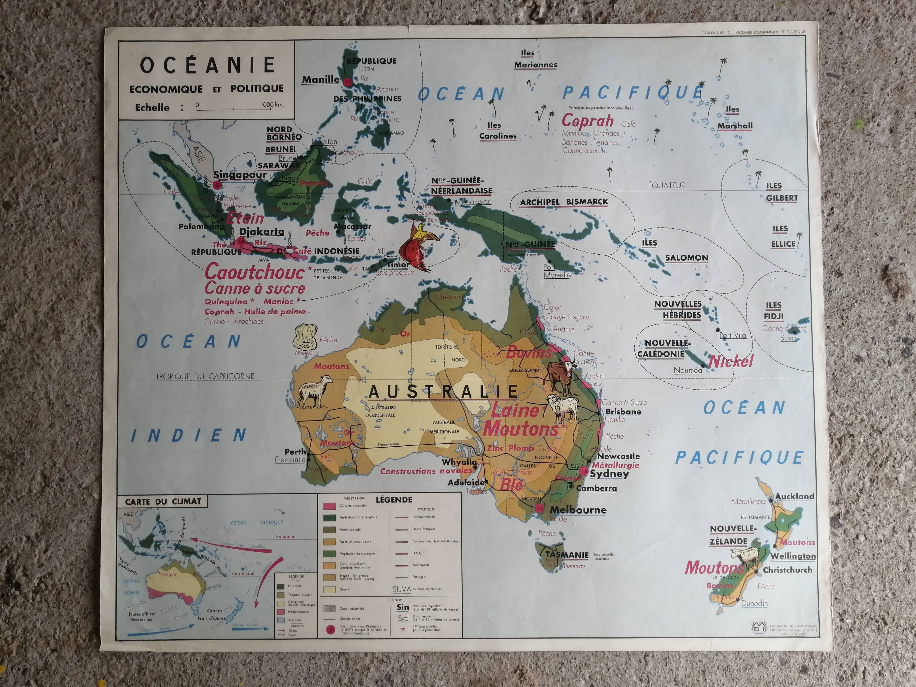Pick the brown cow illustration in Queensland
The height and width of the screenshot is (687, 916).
click(559, 375)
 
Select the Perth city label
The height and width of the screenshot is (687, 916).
click(295, 452)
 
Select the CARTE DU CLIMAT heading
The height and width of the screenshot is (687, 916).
click(163, 502)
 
